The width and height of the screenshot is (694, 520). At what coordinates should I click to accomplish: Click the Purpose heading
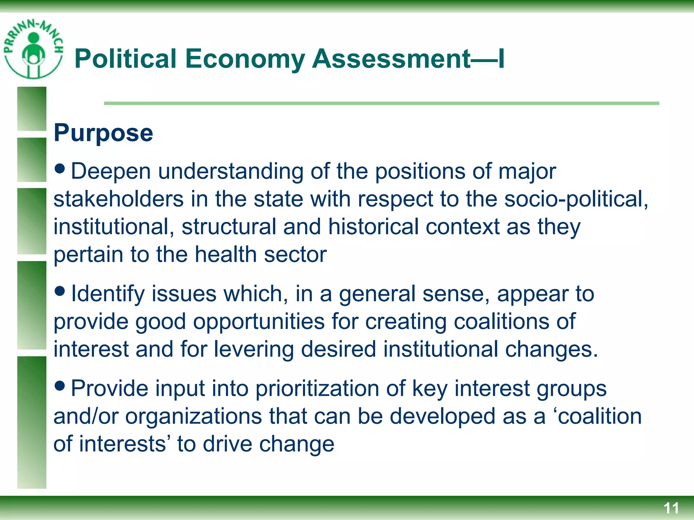(x=103, y=133)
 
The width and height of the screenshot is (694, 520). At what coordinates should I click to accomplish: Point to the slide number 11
(x=671, y=508)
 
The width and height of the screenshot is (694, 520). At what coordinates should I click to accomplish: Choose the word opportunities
(x=259, y=322)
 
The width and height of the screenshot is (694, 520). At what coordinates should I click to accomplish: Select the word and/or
(x=86, y=416)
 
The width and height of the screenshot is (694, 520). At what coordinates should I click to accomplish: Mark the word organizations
(x=193, y=417)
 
